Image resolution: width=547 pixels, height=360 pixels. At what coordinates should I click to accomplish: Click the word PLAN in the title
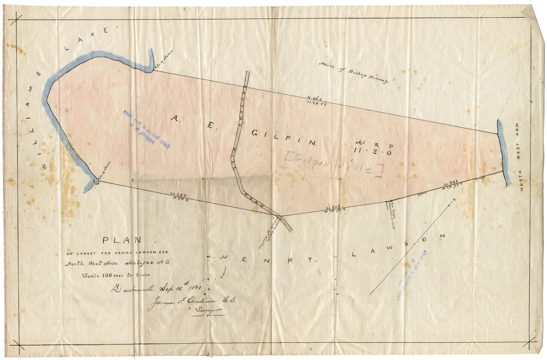pos(122,240)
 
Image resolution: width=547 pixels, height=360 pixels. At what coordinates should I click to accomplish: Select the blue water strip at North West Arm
pos(502,153)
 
